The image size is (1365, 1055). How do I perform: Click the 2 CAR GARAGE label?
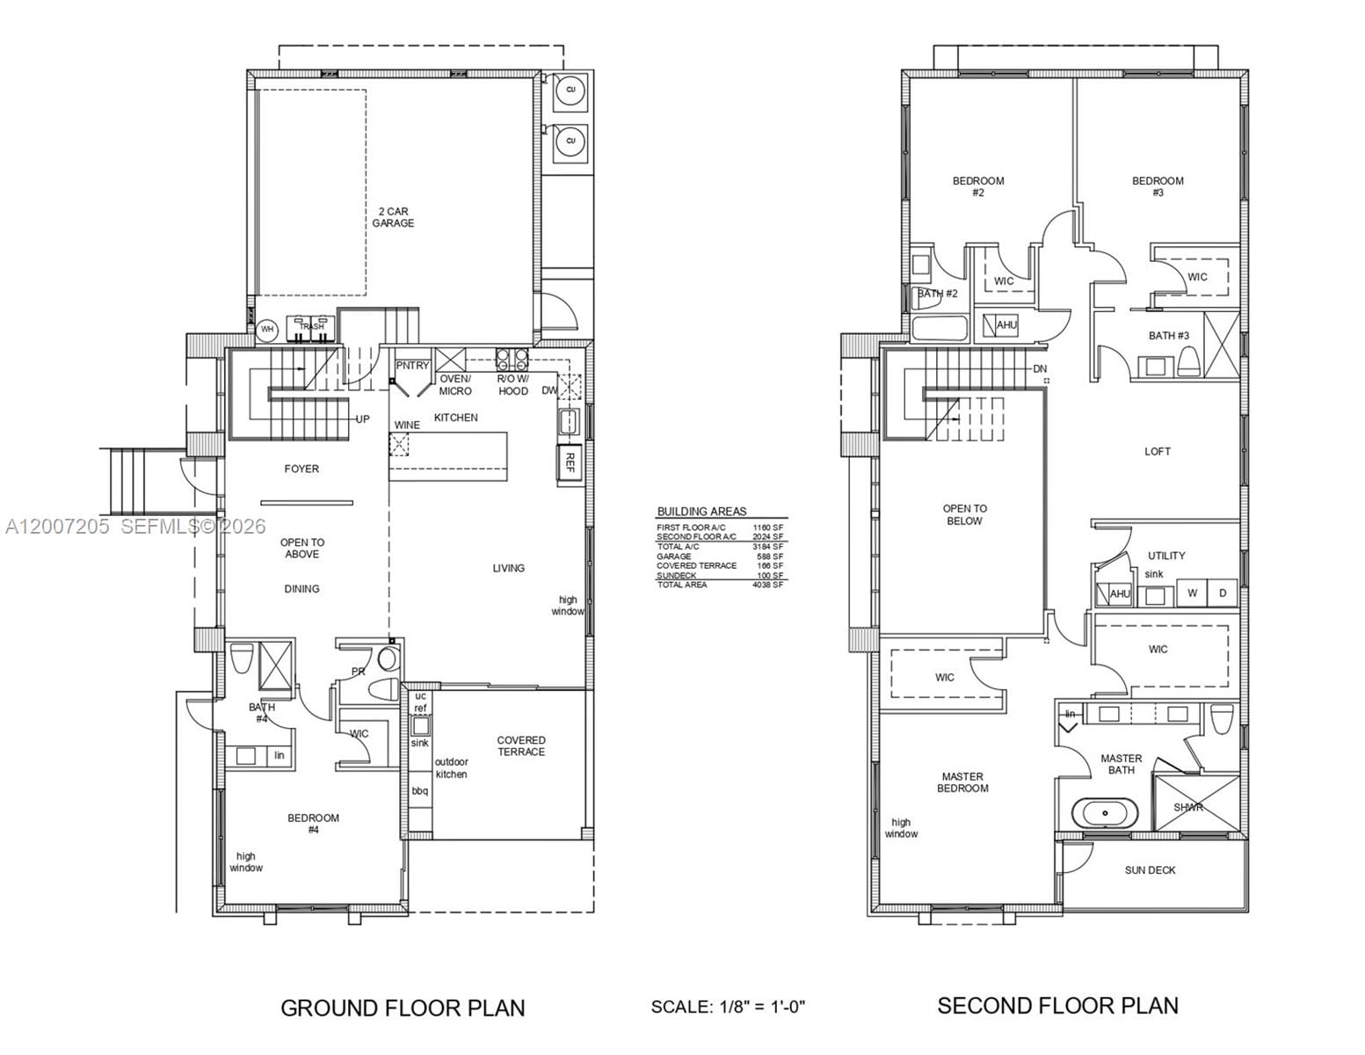(392, 217)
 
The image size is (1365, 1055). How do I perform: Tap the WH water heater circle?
(267, 330)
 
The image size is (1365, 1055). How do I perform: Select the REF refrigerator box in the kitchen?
(569, 462)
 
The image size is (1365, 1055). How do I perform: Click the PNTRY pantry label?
(412, 366)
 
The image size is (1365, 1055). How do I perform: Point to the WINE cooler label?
(406, 426)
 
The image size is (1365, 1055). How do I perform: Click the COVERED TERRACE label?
(520, 746)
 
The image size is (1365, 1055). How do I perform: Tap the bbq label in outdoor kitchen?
(420, 791)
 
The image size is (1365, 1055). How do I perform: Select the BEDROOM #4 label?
(313, 824)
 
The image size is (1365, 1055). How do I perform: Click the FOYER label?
(301, 469)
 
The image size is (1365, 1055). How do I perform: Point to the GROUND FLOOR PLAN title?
(403, 1008)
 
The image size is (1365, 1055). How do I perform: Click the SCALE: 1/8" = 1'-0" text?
(728, 1007)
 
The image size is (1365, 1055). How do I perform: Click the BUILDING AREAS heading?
(701, 512)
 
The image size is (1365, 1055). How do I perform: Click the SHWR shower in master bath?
(1187, 807)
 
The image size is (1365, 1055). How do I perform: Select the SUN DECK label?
(1150, 870)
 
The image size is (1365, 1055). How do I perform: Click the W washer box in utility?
(1193, 593)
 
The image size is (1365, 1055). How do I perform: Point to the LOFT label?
(1157, 452)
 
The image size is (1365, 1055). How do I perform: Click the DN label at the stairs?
(1040, 369)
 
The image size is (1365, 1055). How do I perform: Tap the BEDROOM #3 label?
(1158, 186)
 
